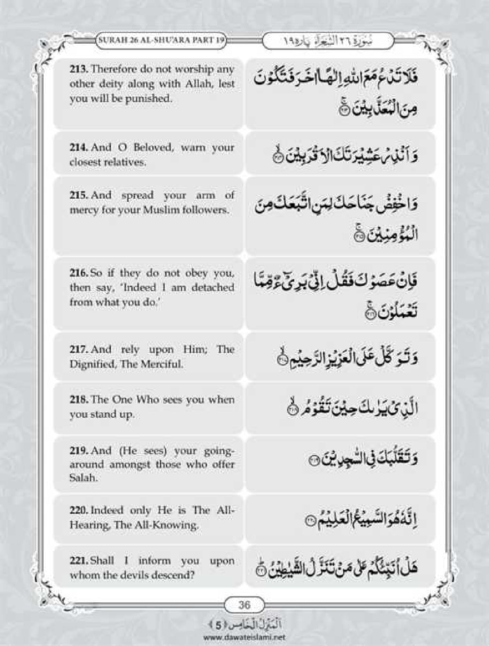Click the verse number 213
pyautogui.click(x=79, y=69)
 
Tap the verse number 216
pyautogui.click(x=78, y=273)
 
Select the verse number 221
pyautogui.click(x=78, y=561)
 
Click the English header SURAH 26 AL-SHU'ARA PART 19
pyautogui.click(x=161, y=40)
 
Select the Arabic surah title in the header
pyautogui.click(x=328, y=41)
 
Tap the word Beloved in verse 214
pyautogui.click(x=153, y=147)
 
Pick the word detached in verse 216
pyautogui.click(x=212, y=287)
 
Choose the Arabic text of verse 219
pyautogui.click(x=363, y=458)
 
